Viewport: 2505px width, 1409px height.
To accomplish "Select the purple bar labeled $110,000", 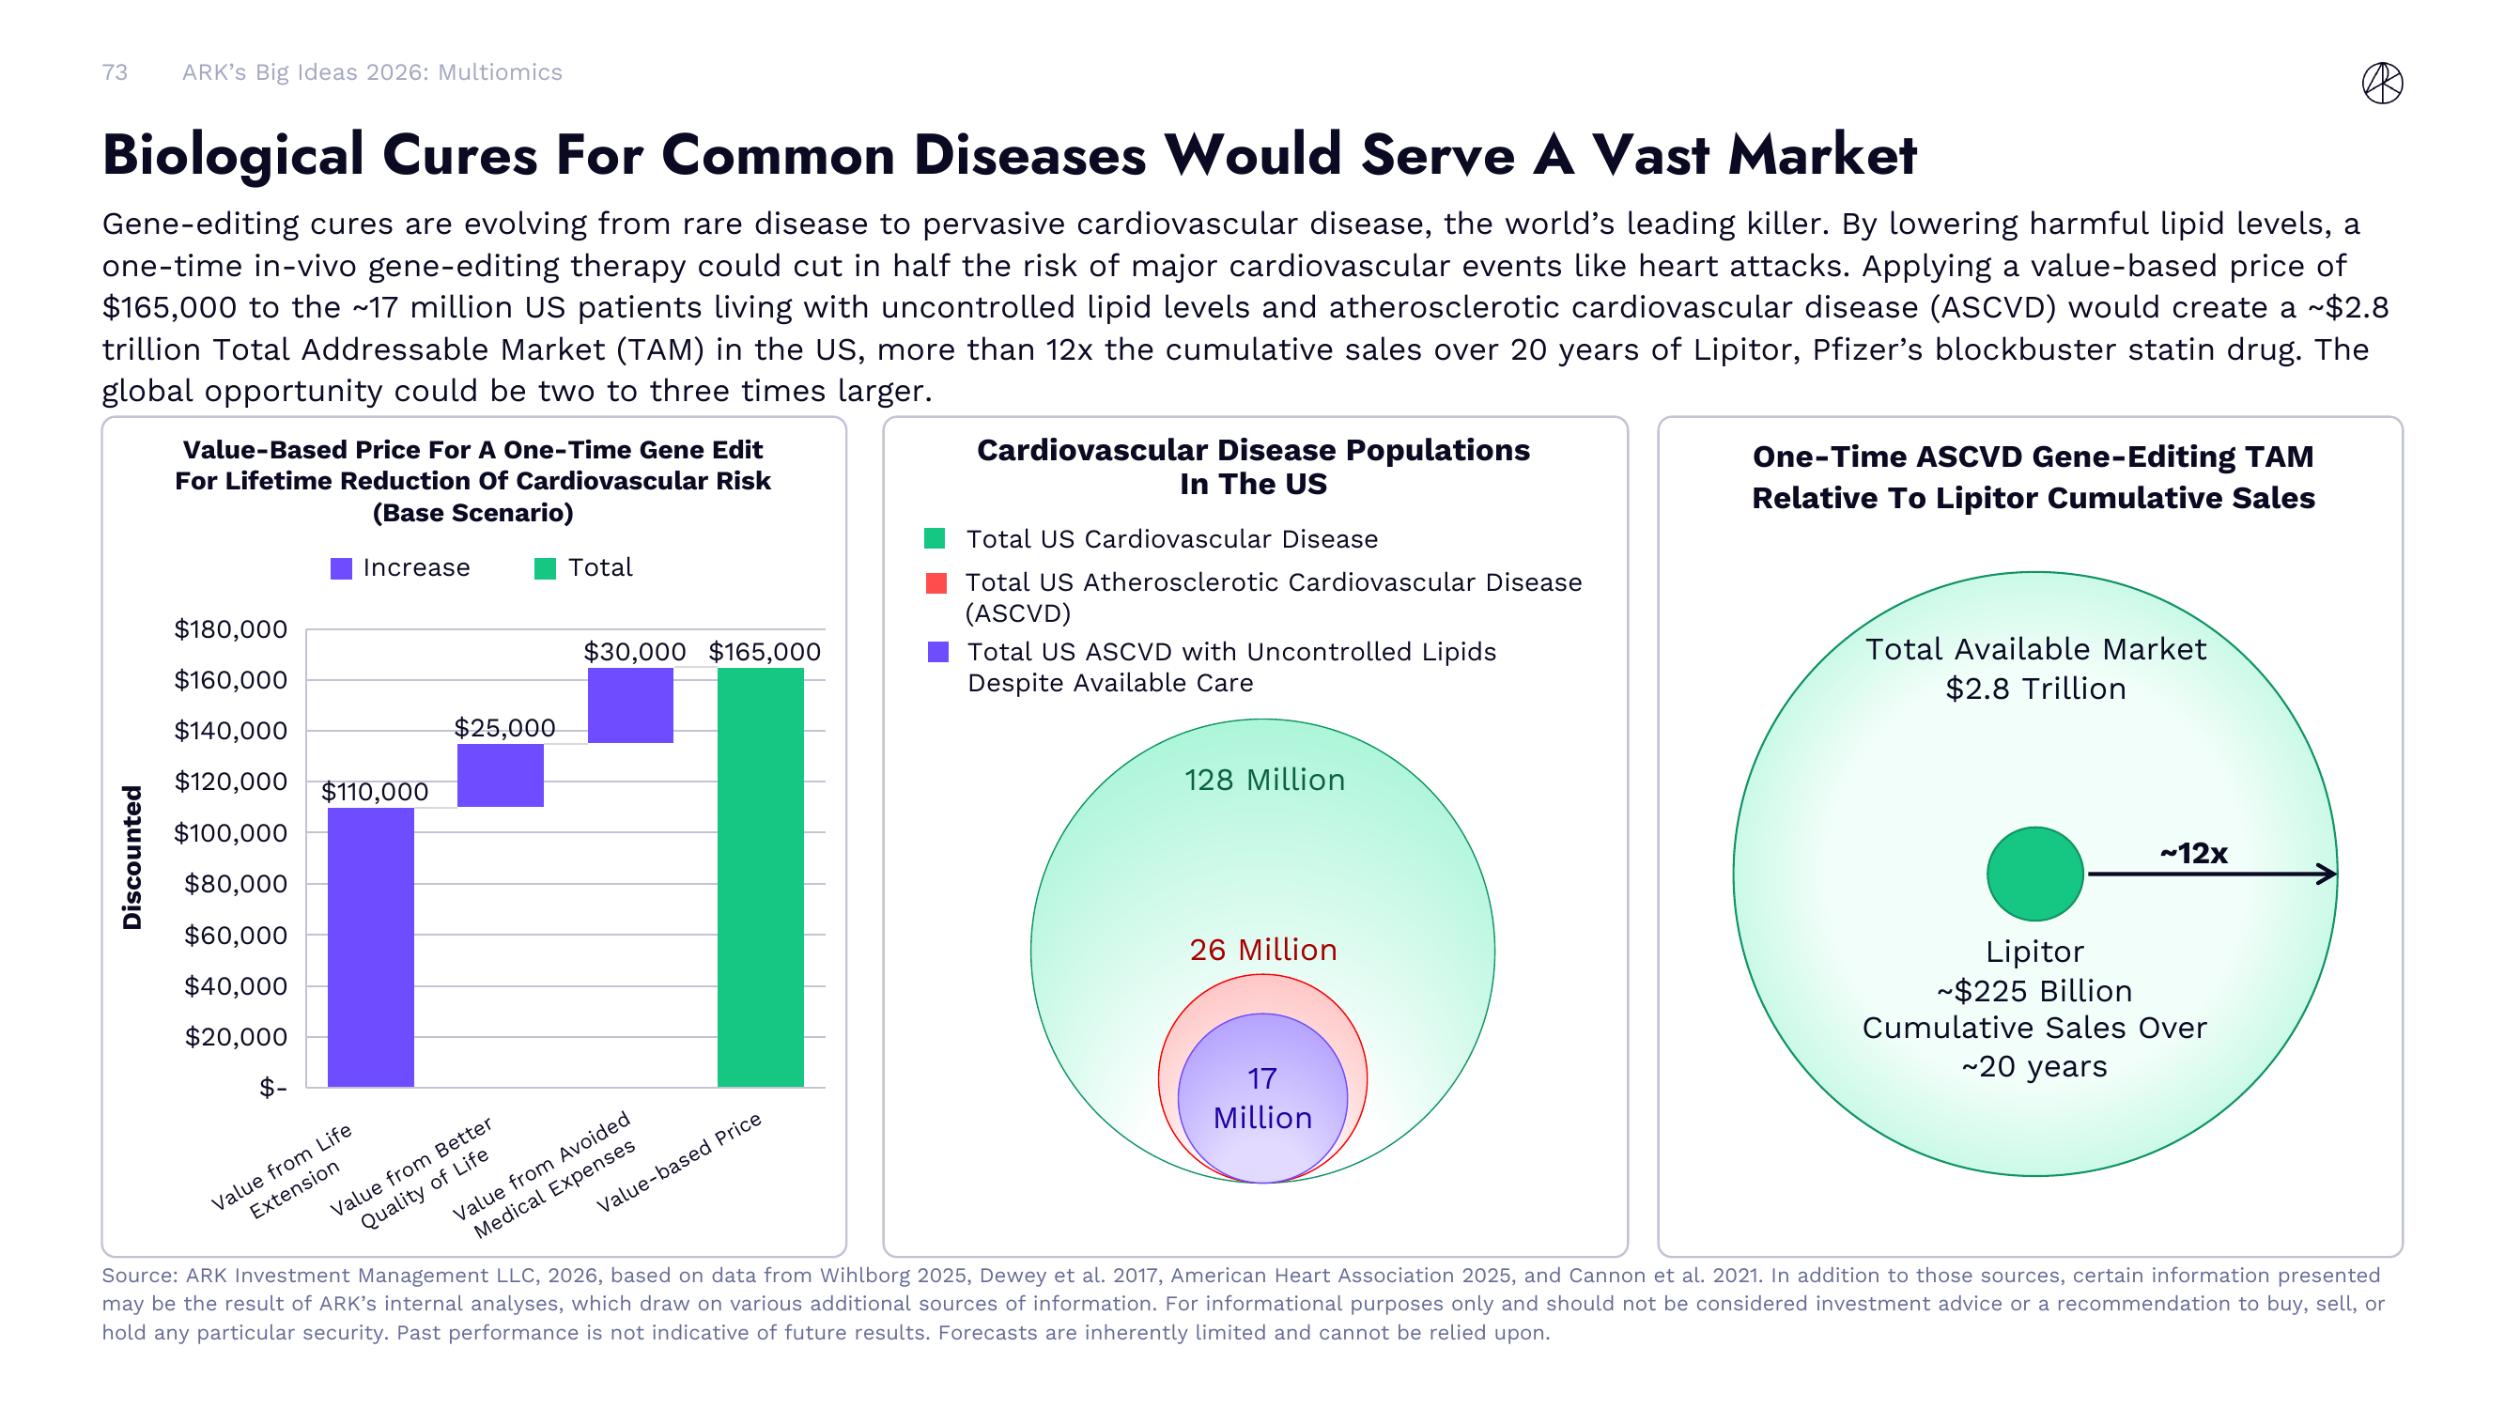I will (x=370, y=947).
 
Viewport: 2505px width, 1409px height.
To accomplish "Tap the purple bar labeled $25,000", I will (x=500, y=775).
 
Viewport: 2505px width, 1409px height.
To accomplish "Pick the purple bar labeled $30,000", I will (x=630, y=705).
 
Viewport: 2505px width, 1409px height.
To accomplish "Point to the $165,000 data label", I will (x=765, y=652).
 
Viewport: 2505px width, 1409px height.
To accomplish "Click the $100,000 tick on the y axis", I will (x=230, y=832).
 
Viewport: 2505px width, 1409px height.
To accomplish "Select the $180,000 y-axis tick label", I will (x=230, y=629).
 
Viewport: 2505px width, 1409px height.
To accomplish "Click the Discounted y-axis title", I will (x=132, y=857).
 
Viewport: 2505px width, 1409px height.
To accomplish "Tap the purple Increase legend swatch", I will (x=341, y=568).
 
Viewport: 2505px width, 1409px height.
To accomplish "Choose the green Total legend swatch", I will (x=545, y=568).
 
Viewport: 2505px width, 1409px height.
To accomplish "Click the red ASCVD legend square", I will (x=936, y=582).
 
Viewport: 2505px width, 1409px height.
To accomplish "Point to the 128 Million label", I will (x=1263, y=780).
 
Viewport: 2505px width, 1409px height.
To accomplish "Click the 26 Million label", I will (x=1262, y=949).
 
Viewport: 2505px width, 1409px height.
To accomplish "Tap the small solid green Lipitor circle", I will (x=2034, y=874).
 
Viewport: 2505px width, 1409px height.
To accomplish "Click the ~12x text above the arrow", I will (x=2193, y=853).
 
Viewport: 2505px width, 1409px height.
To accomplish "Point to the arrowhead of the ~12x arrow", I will (x=2328, y=874).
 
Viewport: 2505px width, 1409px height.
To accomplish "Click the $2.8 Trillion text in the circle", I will (x=2034, y=689).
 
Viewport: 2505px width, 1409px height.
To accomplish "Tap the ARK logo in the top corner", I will (x=2382, y=83).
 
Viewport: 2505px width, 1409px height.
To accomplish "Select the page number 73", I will (x=115, y=72).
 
